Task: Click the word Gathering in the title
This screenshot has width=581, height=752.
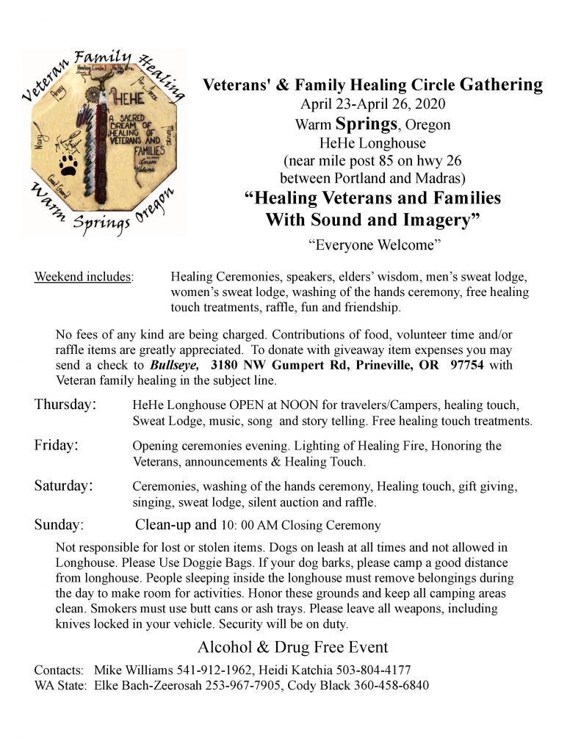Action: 502,85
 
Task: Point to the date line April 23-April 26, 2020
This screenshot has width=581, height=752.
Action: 372,104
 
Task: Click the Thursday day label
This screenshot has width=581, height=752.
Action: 65,405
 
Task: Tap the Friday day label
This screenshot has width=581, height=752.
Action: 57,446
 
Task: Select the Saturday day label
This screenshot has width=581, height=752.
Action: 64,486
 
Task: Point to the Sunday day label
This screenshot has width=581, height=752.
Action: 59,525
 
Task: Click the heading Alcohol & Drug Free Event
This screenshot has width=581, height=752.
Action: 292,648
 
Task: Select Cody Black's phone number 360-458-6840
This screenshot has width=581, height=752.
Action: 391,686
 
